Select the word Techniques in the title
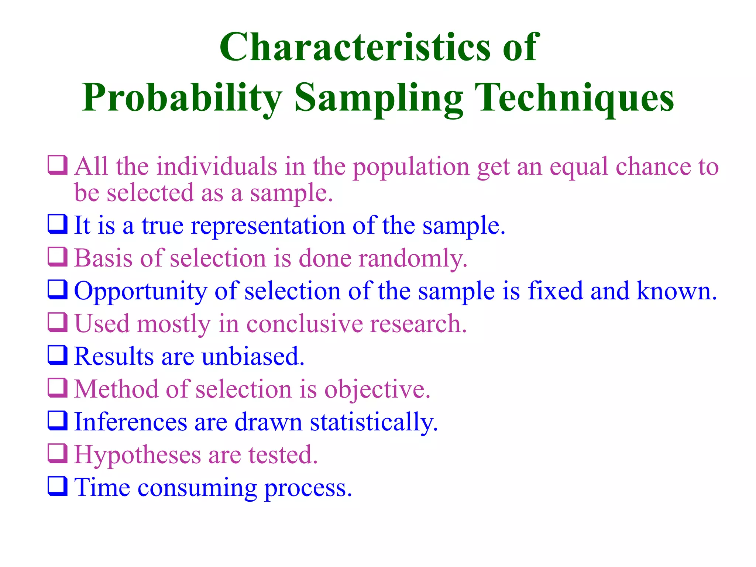point(574,98)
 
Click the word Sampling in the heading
point(378,98)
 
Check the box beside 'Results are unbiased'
point(58,355)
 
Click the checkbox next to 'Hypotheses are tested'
point(58,453)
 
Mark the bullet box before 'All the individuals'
point(58,165)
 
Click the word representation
point(268,226)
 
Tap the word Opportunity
point(140,291)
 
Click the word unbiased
point(253,357)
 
